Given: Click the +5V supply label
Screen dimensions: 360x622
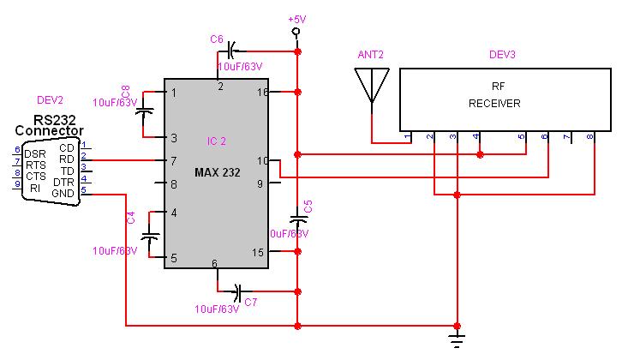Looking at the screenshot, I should (x=296, y=18).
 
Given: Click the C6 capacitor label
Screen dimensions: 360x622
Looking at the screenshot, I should (x=216, y=39).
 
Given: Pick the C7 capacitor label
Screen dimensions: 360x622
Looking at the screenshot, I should (x=251, y=302).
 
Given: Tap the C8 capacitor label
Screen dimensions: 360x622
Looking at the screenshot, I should (x=126, y=92).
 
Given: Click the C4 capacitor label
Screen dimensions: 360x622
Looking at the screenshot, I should (x=131, y=218).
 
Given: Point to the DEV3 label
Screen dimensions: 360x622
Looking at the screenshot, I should (x=502, y=55).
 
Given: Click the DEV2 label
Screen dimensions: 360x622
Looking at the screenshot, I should (x=51, y=99).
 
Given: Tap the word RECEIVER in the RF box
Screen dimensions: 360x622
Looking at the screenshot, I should (x=494, y=104).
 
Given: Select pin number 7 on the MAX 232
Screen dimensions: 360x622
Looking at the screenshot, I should (x=173, y=160).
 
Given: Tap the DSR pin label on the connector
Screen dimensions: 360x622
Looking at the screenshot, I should (x=35, y=153).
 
